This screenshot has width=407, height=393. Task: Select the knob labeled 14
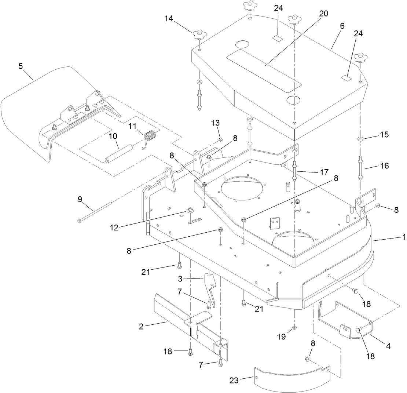198,35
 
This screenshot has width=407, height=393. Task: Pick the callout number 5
21,66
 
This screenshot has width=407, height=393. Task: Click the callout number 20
323,14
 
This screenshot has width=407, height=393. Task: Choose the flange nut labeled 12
190,211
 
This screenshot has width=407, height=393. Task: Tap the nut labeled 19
294,327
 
